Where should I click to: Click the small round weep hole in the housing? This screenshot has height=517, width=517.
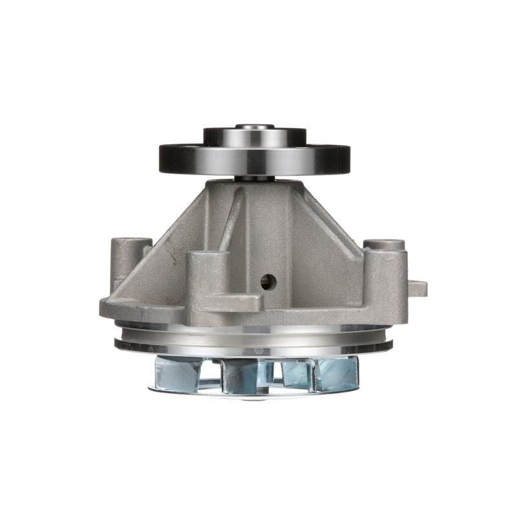pyautogui.click(x=268, y=281)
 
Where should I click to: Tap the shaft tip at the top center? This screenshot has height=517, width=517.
pyautogui.click(x=255, y=127)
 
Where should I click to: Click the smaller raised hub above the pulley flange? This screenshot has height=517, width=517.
pyautogui.click(x=255, y=136)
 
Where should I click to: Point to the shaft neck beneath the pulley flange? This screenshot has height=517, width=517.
pyautogui.click(x=255, y=177)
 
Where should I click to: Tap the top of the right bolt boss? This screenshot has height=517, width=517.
pyautogui.click(x=384, y=245)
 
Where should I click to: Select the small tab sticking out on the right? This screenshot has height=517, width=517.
pyautogui.click(x=417, y=288)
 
